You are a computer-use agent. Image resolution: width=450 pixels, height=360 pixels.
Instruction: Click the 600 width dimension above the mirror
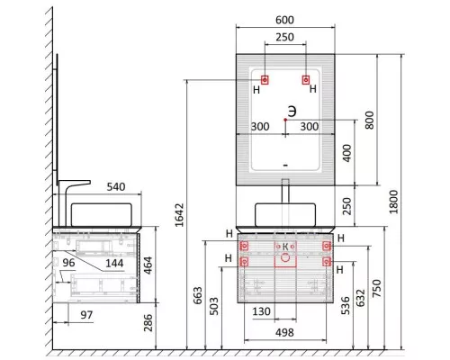284,20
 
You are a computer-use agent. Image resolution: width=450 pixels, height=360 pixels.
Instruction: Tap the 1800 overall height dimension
393,202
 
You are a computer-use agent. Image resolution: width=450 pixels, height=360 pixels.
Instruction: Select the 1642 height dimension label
179,215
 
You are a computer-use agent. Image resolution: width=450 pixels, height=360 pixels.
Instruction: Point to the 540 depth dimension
116,187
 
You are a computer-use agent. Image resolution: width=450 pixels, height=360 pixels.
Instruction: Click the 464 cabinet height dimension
148,265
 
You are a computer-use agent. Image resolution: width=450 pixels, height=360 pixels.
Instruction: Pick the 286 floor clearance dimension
148,323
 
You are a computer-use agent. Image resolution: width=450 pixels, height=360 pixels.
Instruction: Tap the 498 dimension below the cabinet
284,332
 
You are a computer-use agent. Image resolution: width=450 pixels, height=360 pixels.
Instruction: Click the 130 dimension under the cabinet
261,311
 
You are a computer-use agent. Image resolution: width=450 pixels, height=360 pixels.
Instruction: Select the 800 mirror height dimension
369,120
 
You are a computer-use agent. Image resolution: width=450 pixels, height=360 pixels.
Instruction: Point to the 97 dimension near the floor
86,315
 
